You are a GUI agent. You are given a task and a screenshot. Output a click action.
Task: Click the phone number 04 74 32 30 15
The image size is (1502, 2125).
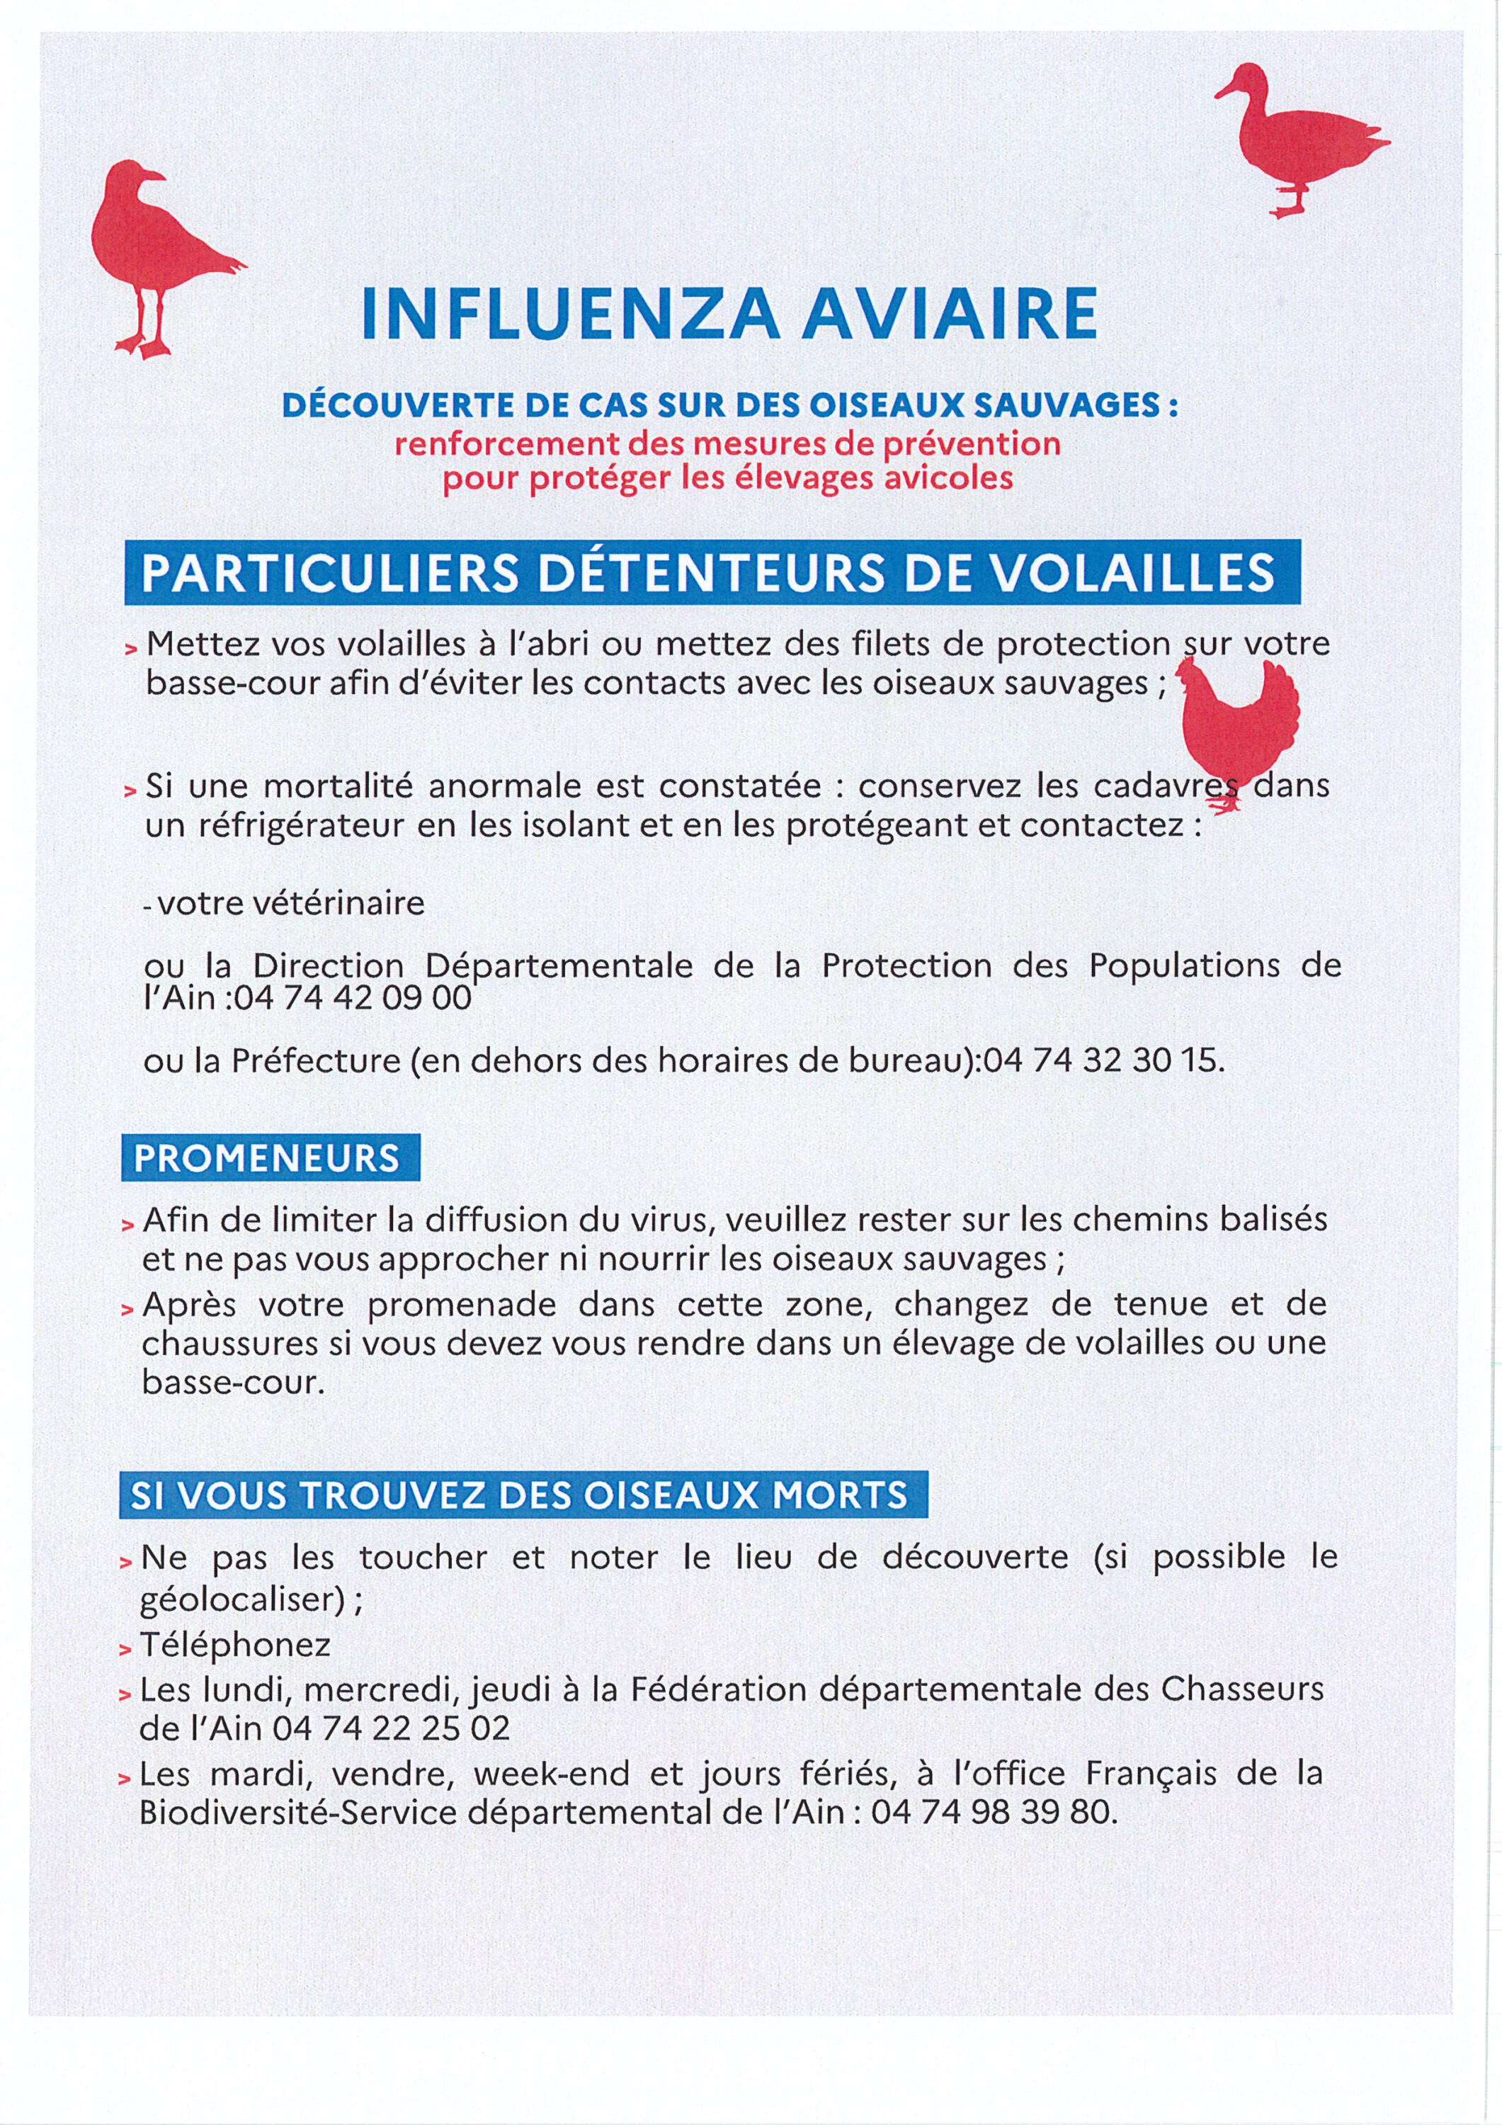tap(1103, 1060)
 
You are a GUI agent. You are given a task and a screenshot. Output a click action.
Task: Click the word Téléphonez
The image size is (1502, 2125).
tap(235, 1645)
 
